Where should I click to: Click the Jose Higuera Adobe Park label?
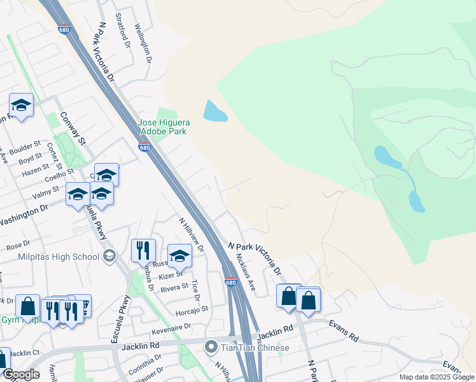(x=164, y=127)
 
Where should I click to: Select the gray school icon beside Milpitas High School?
(x=109, y=256)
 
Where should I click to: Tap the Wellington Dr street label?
(x=143, y=43)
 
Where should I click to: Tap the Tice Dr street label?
(x=194, y=289)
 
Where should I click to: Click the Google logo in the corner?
(x=21, y=374)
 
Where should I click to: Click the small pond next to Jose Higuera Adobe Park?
(x=214, y=112)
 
